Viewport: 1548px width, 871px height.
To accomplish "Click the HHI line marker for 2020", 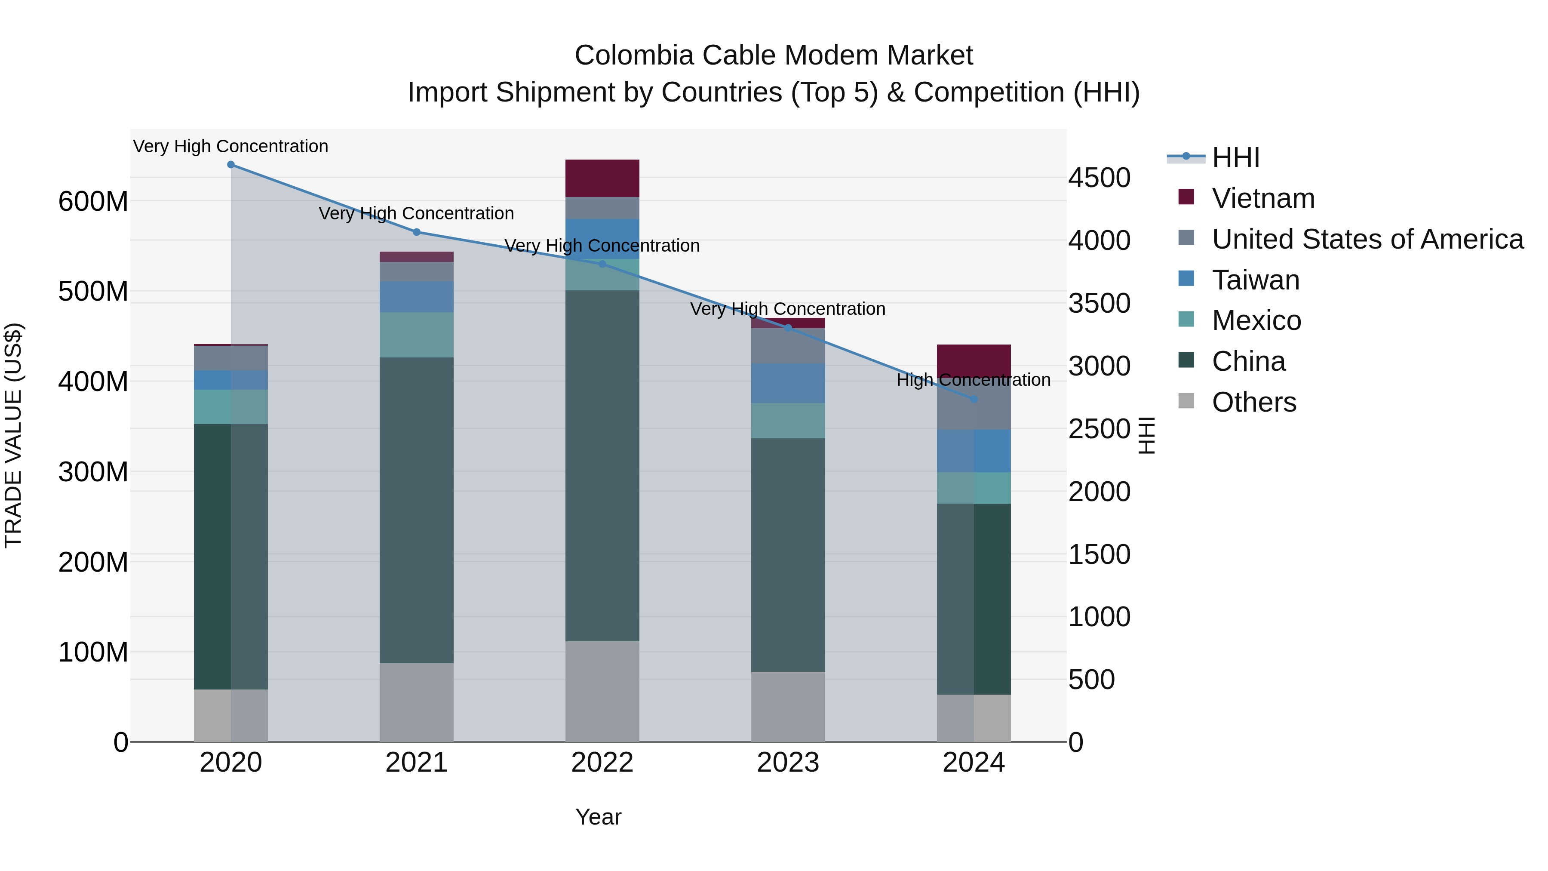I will tap(231, 165).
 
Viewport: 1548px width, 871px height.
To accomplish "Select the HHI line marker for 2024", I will tap(974, 399).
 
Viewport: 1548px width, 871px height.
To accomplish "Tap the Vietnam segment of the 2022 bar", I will tap(602, 179).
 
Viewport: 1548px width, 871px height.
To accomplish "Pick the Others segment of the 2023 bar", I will tap(788, 706).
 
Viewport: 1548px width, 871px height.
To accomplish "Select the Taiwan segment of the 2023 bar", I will tap(788, 383).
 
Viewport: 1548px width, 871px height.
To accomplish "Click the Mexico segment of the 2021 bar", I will tap(416, 335).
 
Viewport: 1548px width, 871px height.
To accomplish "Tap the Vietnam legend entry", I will tap(1262, 198).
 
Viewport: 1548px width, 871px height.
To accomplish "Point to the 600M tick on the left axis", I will tap(93, 201).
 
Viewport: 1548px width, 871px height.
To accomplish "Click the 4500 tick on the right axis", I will tap(1099, 178).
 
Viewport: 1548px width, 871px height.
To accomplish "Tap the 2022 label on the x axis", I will tap(602, 763).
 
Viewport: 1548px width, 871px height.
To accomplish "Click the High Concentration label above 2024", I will tap(974, 380).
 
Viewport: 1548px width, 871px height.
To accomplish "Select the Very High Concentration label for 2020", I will tap(231, 146).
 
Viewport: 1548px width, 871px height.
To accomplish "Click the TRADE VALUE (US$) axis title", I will tap(13, 435).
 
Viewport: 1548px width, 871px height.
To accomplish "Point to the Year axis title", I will tap(598, 817).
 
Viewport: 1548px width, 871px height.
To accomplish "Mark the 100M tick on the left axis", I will tap(93, 652).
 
